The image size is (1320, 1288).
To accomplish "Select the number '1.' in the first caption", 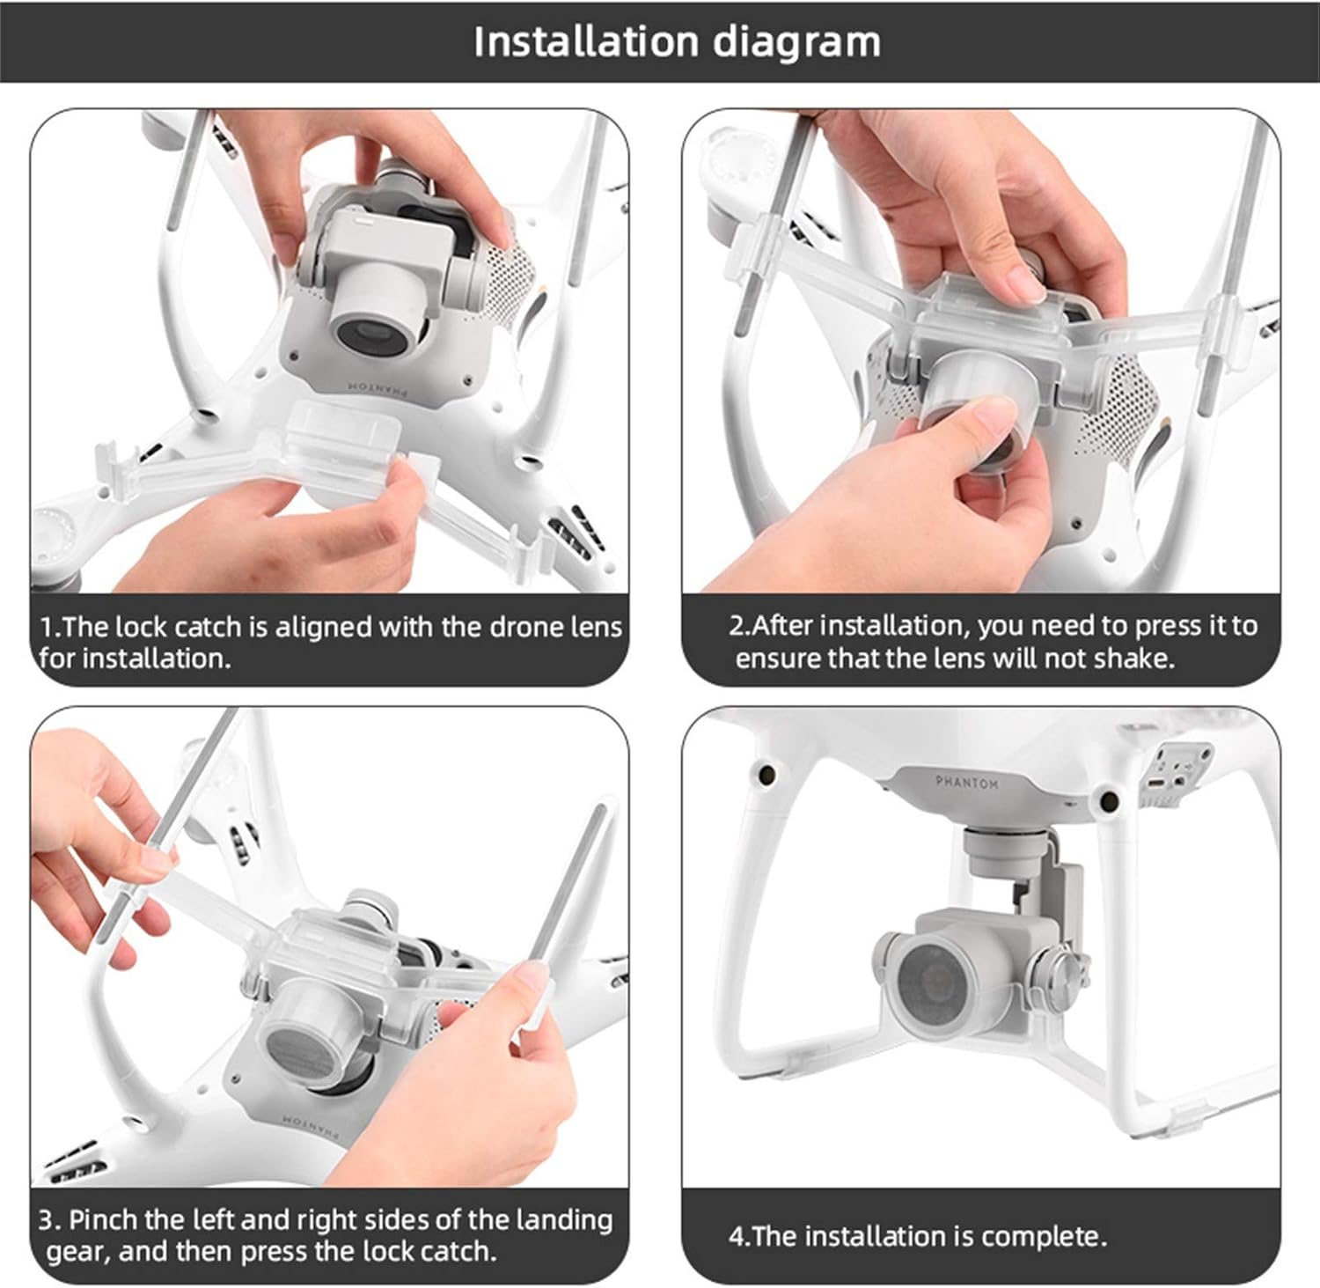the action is pos(50,627).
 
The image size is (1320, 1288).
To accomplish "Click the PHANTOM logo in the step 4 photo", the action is pos(966,782).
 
